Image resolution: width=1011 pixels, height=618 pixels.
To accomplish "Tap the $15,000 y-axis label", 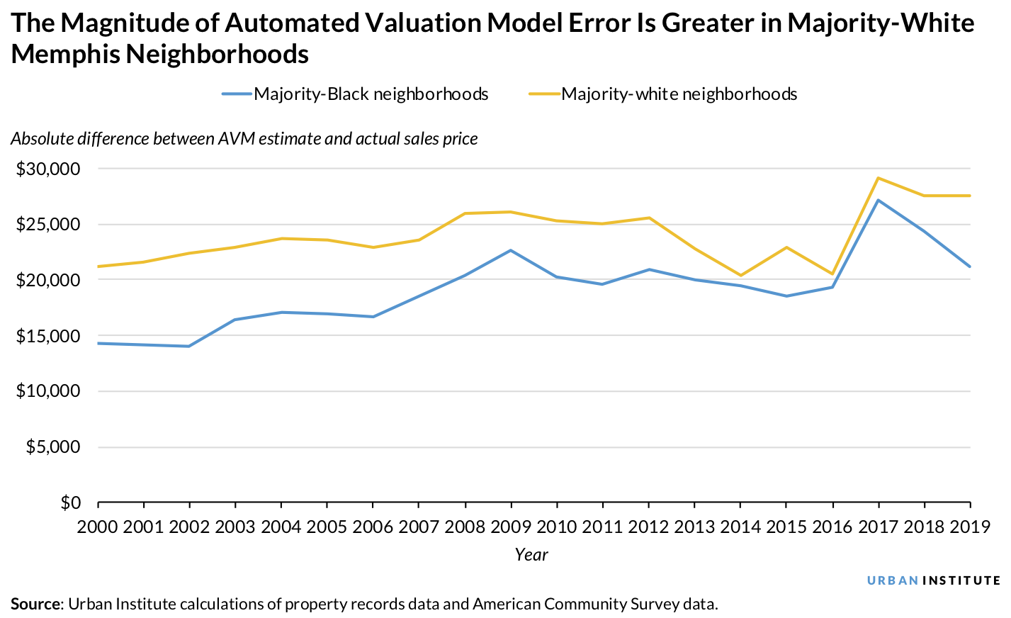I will (x=48, y=336).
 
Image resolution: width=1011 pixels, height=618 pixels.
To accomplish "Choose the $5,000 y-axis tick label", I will (x=53, y=447).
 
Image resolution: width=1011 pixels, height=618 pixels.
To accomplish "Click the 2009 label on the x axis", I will (x=511, y=527).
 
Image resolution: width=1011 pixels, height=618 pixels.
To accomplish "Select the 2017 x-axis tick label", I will (x=879, y=527).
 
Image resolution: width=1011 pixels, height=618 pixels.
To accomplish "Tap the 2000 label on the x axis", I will (x=98, y=527).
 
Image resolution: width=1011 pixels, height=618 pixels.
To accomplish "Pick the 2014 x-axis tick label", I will (x=740, y=527).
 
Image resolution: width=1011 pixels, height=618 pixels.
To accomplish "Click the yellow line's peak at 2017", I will (x=879, y=178).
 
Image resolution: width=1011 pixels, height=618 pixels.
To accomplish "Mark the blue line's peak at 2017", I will (x=879, y=200).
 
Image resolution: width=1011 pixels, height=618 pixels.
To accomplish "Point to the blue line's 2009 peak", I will (x=511, y=250).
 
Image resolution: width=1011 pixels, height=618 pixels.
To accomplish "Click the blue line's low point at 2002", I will (x=189, y=346).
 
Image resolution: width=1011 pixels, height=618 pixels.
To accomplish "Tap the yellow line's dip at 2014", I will (x=740, y=275).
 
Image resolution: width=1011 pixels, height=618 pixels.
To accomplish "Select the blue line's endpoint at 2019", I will (x=969, y=266).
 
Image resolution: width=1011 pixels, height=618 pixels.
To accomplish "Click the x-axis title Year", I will (x=531, y=555).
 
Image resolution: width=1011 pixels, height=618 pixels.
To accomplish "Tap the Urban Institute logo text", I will (x=934, y=580).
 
